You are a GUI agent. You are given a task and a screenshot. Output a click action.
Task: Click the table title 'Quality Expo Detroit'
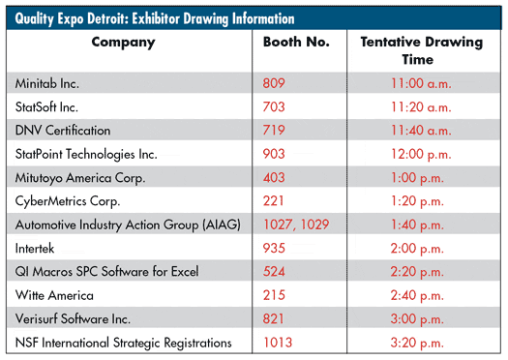click(x=73, y=18)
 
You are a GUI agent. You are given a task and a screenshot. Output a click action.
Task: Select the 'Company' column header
click(x=124, y=43)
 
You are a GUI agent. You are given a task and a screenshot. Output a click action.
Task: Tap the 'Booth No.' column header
click(x=296, y=42)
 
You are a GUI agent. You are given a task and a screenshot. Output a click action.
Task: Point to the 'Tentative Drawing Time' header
click(x=422, y=50)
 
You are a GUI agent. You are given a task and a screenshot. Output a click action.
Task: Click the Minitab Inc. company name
click(x=47, y=83)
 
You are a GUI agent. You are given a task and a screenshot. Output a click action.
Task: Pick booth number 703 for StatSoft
click(x=274, y=106)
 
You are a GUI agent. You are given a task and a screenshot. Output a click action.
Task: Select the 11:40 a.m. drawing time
click(x=421, y=131)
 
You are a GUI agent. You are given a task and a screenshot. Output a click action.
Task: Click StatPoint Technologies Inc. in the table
click(x=86, y=154)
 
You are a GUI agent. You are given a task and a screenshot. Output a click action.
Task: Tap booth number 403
click(x=274, y=177)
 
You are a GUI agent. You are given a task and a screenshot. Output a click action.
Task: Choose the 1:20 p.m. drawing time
click(x=417, y=201)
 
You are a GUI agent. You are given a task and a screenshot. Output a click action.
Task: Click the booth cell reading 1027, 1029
click(x=296, y=225)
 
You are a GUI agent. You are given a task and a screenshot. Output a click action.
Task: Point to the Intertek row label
click(x=35, y=248)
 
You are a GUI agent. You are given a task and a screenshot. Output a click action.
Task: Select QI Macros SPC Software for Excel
click(x=106, y=272)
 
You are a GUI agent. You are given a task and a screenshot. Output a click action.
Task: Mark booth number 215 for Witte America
click(x=274, y=295)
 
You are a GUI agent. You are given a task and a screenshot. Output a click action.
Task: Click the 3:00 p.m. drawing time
click(x=417, y=319)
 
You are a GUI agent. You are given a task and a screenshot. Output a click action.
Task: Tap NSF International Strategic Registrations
click(x=124, y=343)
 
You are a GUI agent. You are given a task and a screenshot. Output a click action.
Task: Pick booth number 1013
click(x=278, y=343)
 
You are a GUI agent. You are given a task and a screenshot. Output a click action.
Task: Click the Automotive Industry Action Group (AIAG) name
click(x=128, y=225)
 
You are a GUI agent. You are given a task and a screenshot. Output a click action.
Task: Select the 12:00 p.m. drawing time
click(x=421, y=154)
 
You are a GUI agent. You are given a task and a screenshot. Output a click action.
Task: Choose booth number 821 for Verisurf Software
click(x=273, y=318)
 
